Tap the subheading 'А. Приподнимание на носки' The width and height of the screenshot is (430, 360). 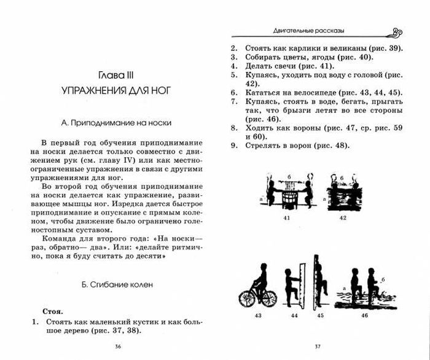coord(115,122)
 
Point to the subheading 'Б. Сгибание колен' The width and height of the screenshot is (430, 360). coord(116,285)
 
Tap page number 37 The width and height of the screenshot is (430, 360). coord(318,347)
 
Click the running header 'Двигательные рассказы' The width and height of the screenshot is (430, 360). coord(303,31)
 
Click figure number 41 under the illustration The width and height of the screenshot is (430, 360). coord(286,218)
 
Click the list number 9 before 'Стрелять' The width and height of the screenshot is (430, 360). coord(233,146)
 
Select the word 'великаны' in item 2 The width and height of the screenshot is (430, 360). coord(344,48)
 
